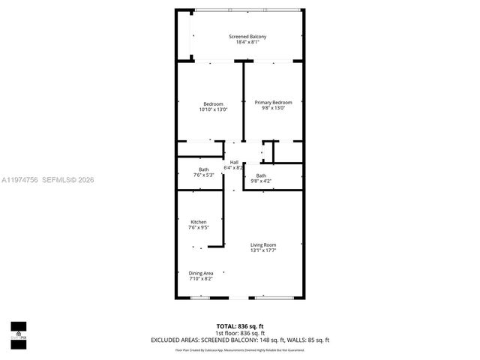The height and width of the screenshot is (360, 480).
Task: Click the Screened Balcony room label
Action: (247, 37)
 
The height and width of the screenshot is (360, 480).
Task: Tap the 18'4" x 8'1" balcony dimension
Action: (247, 43)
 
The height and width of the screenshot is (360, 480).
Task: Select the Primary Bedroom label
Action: (273, 103)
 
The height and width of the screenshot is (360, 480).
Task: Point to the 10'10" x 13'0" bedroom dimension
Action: (213, 109)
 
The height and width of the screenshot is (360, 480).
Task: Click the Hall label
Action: (234, 162)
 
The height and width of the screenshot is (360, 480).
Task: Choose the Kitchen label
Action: (199, 222)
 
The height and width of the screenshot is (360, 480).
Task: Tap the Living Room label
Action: (263, 244)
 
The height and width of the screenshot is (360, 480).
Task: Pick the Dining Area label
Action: (201, 273)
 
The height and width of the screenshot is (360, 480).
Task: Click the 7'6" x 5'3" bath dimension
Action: (204, 175)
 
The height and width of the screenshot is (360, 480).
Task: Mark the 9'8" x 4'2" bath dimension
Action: (261, 181)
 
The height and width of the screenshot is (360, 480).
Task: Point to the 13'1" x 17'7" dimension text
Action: (263, 250)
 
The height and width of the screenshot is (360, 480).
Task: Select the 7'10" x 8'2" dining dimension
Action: (201, 279)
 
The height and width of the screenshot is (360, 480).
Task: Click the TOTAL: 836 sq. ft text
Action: (240, 325)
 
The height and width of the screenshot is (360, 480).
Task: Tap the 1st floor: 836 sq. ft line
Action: (240, 332)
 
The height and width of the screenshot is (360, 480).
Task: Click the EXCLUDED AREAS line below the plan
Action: (240, 340)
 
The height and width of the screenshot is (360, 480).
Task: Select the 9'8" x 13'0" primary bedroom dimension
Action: (273, 109)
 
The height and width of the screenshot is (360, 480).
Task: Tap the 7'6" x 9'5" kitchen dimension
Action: (199, 228)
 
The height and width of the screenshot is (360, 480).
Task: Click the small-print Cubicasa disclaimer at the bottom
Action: (240, 349)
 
